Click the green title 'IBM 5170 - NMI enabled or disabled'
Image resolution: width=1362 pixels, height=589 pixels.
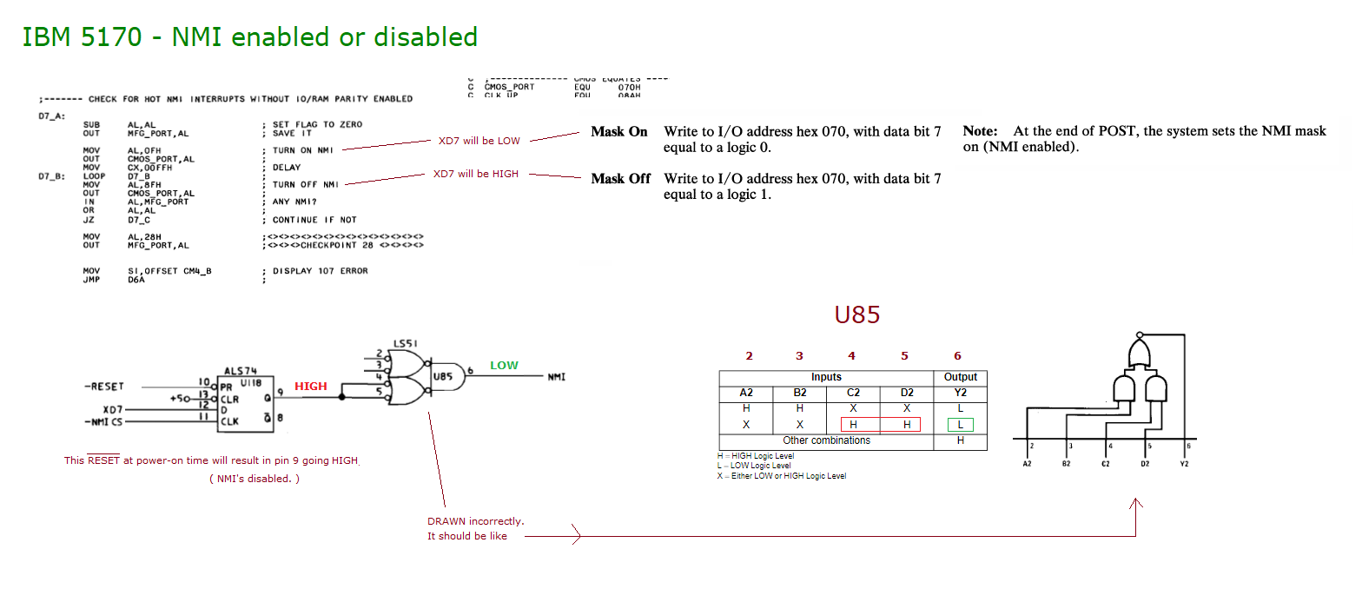coord(249,37)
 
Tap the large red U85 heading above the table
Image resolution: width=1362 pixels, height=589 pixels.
coord(857,314)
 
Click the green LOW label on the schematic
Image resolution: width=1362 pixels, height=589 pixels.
coord(504,366)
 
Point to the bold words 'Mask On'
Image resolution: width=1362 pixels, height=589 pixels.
coord(619,132)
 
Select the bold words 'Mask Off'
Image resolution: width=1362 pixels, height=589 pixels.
coord(621,179)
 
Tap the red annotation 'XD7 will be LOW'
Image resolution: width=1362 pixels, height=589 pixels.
coord(479,141)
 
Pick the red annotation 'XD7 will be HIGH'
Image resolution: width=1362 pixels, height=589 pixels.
coord(476,174)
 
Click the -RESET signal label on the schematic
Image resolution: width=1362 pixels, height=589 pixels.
coord(104,386)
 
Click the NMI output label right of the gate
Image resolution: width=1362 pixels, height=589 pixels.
coord(557,377)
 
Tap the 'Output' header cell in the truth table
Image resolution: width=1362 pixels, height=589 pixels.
coord(960,377)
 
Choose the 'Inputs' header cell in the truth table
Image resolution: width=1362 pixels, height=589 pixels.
coord(825,377)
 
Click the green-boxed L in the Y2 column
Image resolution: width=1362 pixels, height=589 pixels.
coord(960,425)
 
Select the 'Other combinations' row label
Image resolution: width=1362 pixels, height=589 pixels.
coord(826,440)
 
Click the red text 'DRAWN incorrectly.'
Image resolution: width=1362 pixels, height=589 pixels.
coord(475,521)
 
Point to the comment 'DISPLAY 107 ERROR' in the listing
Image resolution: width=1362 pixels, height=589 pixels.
coord(320,271)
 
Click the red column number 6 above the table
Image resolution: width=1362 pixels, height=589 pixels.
coord(957,355)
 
